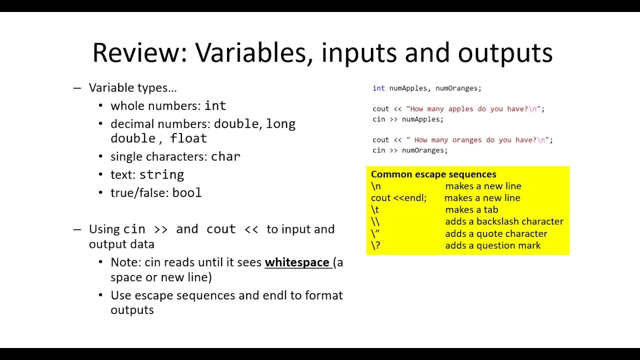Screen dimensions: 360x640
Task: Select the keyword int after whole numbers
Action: coord(215,106)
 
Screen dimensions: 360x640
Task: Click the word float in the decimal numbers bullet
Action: coord(188,138)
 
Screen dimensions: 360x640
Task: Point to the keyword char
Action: coord(225,156)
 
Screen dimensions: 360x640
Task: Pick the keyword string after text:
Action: coord(161,174)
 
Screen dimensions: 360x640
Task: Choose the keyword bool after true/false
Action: coord(186,192)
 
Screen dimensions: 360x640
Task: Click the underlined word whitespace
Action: coord(297,262)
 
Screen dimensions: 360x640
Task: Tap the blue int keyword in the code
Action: coord(378,88)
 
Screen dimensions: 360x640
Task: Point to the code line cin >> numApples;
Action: coord(407,119)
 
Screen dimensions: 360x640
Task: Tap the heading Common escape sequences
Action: coord(433,174)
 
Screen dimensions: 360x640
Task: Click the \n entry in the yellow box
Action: coord(376,186)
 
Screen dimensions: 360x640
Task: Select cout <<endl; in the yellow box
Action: coord(398,198)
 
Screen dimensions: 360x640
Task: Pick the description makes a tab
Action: coord(471,210)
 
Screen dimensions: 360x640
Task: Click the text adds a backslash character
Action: coord(504,221)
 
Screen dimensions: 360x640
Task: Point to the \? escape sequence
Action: coord(375,245)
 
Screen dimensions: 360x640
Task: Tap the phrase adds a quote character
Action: coord(496,233)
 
